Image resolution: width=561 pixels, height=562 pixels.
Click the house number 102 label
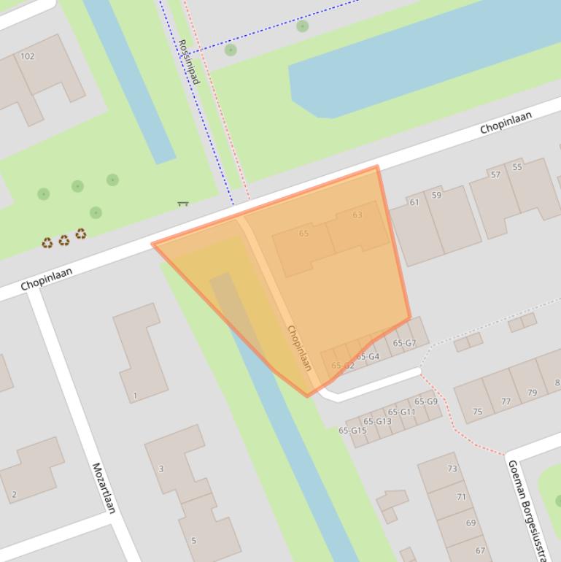tap(28, 56)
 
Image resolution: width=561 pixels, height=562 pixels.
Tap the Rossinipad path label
tap(188, 61)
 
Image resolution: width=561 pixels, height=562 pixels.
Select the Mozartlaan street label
tap(104, 488)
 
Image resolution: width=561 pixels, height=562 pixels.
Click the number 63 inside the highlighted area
tap(357, 215)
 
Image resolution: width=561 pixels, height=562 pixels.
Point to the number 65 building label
tap(303, 234)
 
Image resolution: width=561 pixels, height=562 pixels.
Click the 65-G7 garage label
tap(404, 343)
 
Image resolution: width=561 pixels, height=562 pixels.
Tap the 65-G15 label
tap(352, 431)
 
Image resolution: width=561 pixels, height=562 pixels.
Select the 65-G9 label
tap(426, 401)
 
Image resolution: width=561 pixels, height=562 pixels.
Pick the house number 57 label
tap(496, 174)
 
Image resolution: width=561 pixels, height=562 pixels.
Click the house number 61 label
tap(414, 202)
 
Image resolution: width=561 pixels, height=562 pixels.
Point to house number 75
tap(477, 412)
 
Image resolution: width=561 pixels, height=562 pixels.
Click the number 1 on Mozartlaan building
tap(135, 396)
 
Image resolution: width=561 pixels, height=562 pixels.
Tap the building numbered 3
tap(161, 469)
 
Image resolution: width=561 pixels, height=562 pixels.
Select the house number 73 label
tap(452, 469)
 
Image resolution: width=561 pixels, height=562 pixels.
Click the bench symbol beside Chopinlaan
tap(182, 204)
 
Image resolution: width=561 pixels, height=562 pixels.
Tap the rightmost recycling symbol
tap(80, 234)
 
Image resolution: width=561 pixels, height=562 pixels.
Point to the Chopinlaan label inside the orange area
tap(300, 347)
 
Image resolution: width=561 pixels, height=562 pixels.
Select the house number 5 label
tap(193, 541)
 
